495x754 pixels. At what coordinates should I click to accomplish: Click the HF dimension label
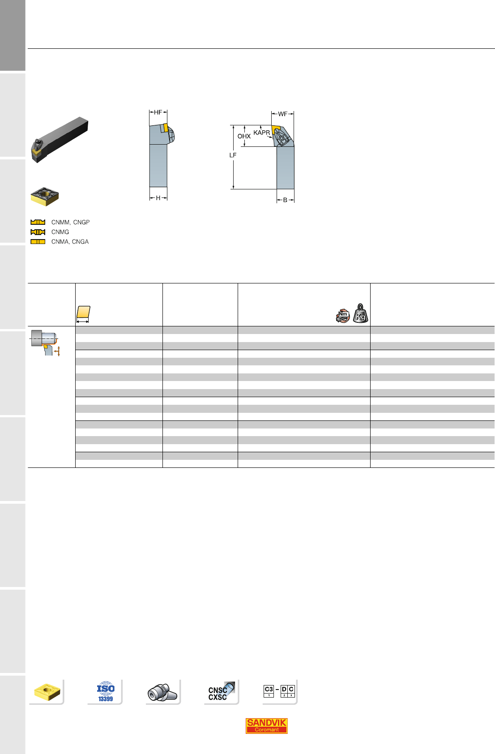158,112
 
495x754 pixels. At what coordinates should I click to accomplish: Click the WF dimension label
283,114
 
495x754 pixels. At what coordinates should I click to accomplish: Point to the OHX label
244,136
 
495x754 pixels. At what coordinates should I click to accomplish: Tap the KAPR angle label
261,133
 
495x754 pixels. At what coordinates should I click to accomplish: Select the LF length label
233,155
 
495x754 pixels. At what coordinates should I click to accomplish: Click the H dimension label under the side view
158,198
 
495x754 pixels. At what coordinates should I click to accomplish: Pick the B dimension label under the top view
285,200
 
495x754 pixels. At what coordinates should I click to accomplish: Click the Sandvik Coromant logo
266,726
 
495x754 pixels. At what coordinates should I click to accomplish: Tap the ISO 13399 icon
106,692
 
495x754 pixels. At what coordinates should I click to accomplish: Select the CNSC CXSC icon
221,692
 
